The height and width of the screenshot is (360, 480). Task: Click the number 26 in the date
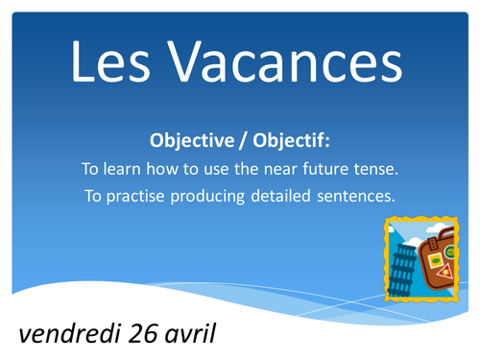137,333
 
